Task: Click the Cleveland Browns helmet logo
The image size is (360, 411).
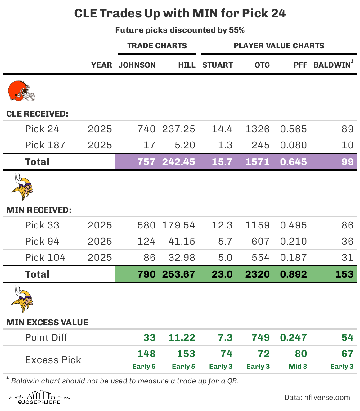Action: point(21,91)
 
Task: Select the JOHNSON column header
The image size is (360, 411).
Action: point(137,65)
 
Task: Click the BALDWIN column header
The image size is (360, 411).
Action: point(332,65)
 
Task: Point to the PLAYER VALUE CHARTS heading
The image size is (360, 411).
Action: point(279,46)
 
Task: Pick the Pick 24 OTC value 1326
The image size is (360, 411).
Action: point(257,129)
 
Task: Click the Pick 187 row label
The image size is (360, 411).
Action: point(45,145)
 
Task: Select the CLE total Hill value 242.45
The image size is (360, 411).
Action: point(178,162)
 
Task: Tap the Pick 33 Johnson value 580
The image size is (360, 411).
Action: point(146,225)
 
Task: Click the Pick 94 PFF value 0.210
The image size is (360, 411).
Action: point(293,242)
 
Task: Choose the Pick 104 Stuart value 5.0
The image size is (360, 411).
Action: point(225,258)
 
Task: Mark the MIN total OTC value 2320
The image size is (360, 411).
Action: point(257,274)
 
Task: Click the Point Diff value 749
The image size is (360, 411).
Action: point(260,338)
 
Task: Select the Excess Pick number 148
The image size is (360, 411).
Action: point(146,354)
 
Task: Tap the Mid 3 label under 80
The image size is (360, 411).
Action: point(298,367)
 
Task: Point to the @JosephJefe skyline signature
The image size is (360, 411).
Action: point(39,397)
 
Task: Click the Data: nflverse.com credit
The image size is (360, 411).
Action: point(317,398)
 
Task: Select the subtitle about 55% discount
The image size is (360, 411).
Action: point(180,30)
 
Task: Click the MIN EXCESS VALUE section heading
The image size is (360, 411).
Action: point(47,323)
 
